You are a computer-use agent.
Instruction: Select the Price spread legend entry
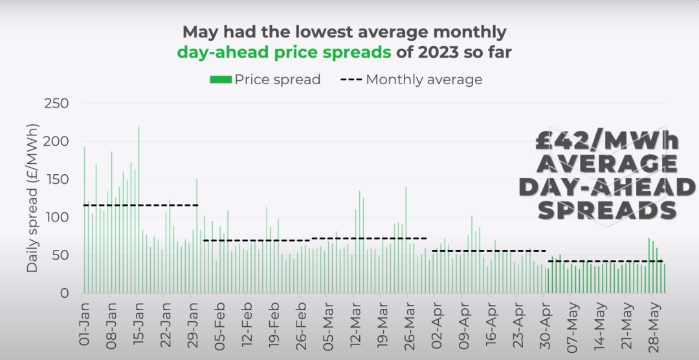point(265,80)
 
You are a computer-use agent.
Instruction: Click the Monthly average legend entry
point(412,80)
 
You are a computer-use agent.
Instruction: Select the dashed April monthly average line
point(489,251)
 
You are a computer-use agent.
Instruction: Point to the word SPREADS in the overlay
point(607,209)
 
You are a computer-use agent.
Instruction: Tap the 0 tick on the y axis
point(65,293)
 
